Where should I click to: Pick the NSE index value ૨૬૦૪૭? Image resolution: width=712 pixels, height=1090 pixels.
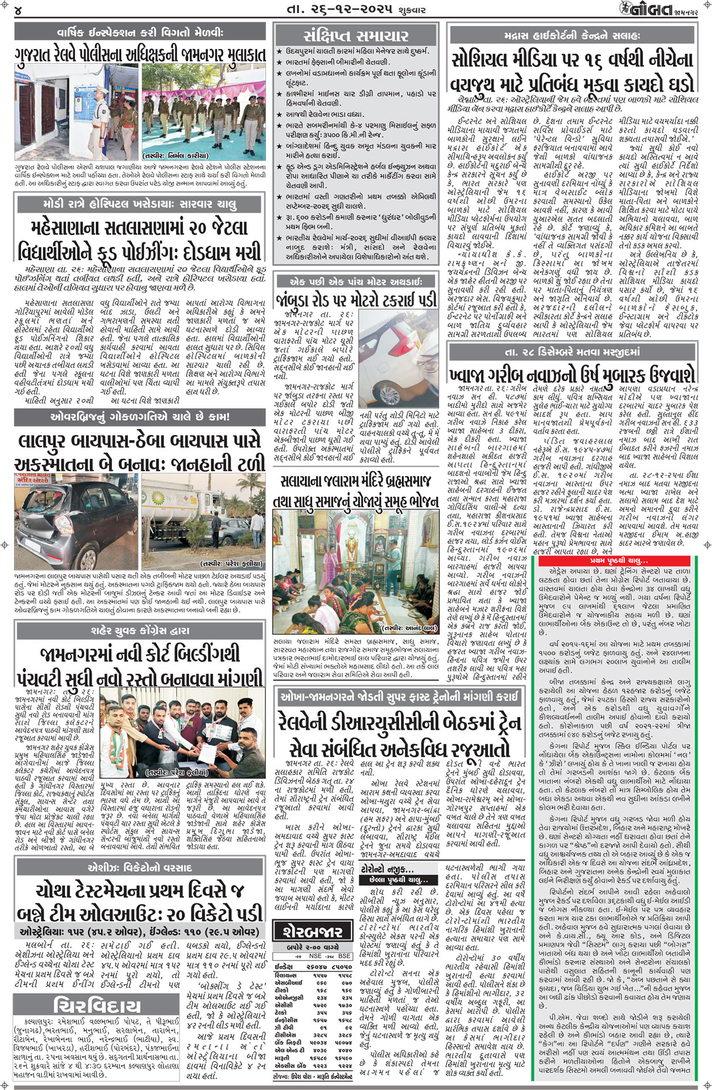click(317, 966)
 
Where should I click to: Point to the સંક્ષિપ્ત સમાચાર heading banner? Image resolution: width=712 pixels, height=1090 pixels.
click(356, 35)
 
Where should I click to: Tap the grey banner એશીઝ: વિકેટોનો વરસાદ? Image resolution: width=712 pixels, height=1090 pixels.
click(140, 867)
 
